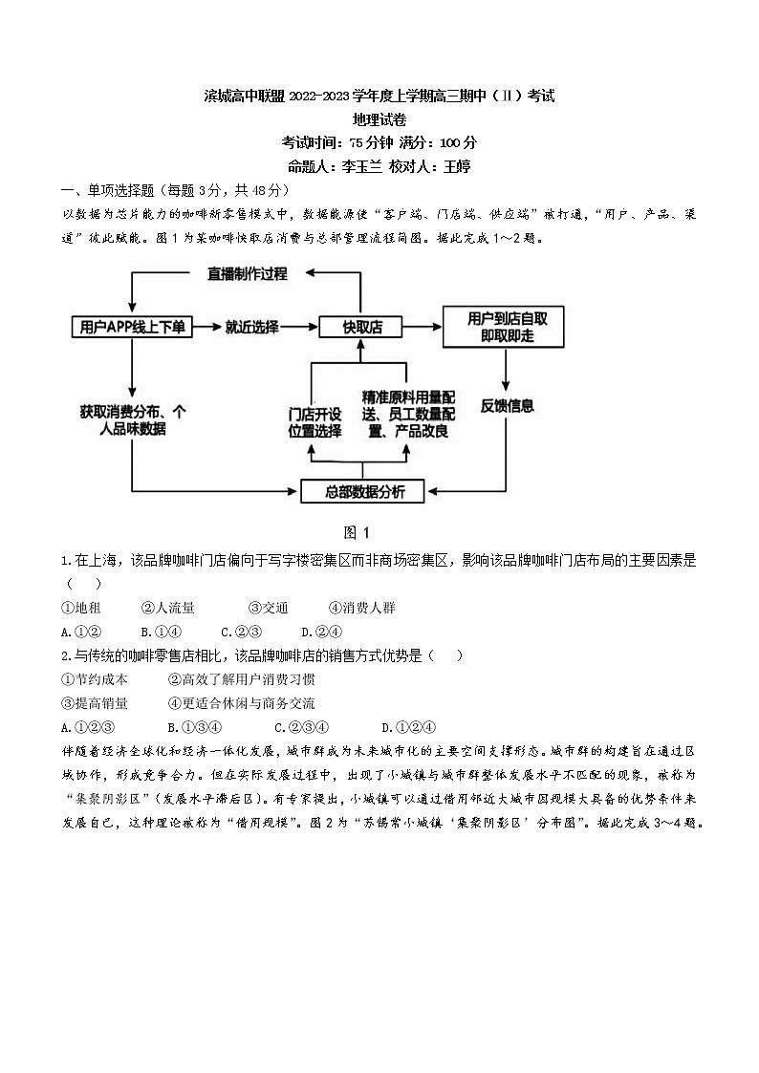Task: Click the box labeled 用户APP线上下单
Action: point(132,327)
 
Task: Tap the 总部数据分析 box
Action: point(364,492)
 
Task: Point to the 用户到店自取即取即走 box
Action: point(503,327)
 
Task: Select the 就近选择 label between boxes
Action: point(252,327)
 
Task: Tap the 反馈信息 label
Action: point(507,405)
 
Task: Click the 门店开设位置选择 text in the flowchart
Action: point(314,422)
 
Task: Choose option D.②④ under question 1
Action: point(320,632)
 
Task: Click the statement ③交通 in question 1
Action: point(268,608)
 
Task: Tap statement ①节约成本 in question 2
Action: point(94,679)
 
